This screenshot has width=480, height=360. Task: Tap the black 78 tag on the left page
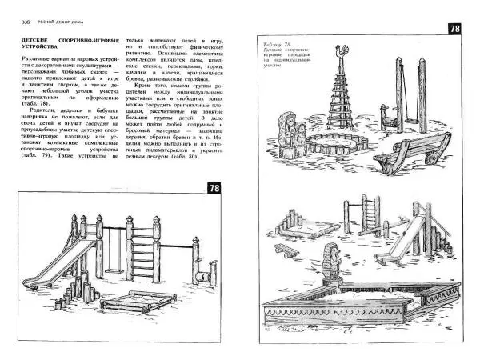pyautogui.click(x=214, y=188)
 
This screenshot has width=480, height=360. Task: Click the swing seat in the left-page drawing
pyautogui.click(x=130, y=264)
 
